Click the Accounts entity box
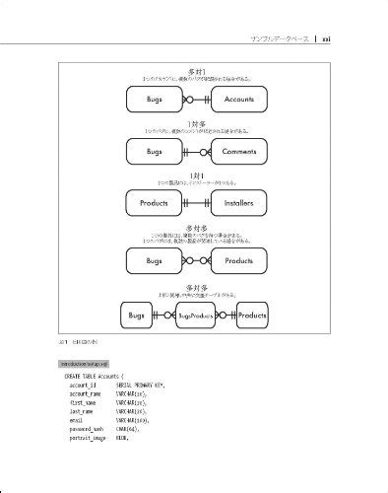[239, 100]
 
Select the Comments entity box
[239, 152]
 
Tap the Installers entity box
[239, 203]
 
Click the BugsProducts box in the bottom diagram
[197, 316]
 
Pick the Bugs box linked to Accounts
[155, 100]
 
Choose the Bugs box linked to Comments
[155, 152]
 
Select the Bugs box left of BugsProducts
[137, 316]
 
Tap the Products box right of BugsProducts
[252, 316]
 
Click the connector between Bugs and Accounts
[197, 100]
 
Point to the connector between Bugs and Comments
[197, 152]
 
